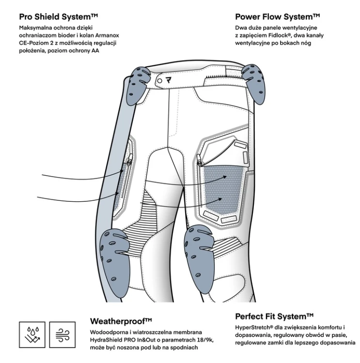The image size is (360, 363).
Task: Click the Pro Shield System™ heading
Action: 59,17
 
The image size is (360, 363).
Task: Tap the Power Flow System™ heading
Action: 278,17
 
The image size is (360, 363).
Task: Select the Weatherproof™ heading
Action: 121,321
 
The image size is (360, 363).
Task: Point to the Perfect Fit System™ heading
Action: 274,317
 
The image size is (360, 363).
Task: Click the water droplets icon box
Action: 32,335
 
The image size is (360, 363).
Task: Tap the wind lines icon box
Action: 63,335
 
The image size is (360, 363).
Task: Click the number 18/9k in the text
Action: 203,340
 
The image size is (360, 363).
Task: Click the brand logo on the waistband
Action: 169,80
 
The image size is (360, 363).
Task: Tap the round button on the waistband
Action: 160,81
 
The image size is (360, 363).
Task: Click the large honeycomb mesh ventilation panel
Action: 223,189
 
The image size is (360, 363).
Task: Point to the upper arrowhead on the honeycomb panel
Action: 225,177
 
